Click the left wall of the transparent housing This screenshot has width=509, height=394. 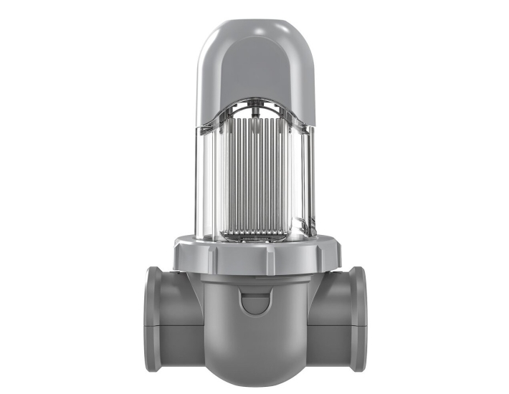click(208, 179)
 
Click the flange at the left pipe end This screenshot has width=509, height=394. click(152, 319)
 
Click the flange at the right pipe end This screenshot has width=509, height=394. click(359, 319)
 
